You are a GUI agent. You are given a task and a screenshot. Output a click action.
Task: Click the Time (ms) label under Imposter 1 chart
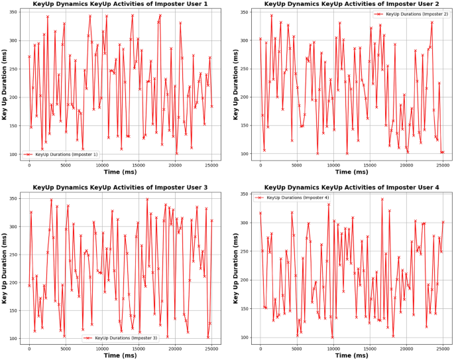[x=120, y=171]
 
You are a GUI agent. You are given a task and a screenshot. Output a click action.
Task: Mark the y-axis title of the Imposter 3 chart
[x=5, y=269]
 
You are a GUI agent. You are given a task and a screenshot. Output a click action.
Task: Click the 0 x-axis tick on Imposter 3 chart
[x=29, y=347]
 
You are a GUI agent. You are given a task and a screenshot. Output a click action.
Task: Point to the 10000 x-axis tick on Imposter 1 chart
[x=102, y=164]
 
